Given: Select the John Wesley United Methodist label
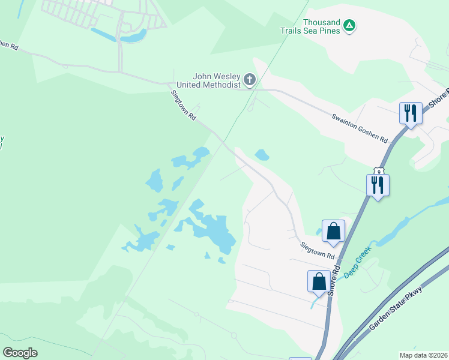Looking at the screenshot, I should click(216, 80).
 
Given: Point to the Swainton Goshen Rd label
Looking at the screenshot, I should click(360, 128).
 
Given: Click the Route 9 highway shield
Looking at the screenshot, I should click(378, 171).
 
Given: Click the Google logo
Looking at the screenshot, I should click(20, 353).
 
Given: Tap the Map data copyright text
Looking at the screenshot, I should click(423, 355).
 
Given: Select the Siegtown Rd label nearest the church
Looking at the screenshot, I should click(184, 106).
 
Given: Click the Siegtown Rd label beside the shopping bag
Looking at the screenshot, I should click(318, 250).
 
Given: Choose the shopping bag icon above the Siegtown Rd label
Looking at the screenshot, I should click(333, 230).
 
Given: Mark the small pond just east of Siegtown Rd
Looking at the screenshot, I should click(262, 155).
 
